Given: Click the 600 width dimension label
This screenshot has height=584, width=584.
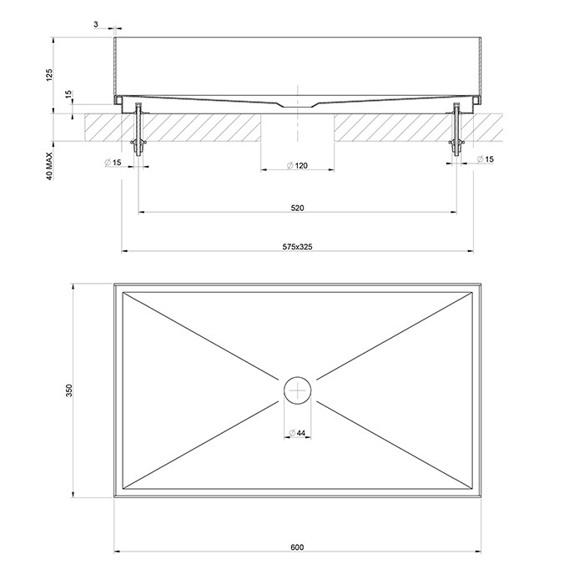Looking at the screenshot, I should click(x=297, y=547).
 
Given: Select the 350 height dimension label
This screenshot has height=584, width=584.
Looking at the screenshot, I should click(x=70, y=391).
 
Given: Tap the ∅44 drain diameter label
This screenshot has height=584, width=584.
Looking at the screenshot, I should click(x=297, y=431).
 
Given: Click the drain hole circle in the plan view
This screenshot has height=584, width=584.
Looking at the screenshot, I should click(x=297, y=390).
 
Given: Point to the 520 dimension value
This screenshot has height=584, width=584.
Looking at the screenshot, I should click(x=297, y=206).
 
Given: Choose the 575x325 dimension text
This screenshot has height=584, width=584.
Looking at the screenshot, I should click(x=297, y=245).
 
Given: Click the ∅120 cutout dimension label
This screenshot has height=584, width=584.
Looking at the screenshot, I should click(x=298, y=166).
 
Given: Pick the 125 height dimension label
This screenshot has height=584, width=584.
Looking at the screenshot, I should click(x=49, y=75).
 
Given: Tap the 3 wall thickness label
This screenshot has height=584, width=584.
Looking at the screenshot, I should click(x=97, y=26).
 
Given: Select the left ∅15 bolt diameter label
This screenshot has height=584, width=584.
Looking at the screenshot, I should click(x=114, y=161).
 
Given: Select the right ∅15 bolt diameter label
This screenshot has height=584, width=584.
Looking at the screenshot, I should click(x=485, y=159).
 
